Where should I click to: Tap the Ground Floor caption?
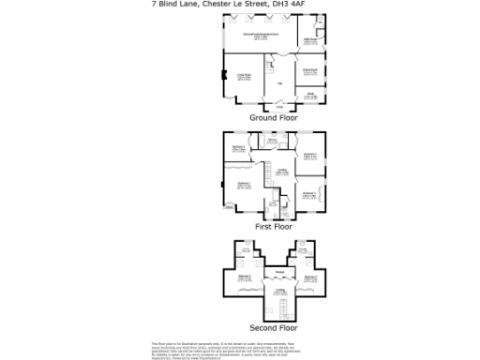[x=273, y=119]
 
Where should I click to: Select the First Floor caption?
[x=274, y=226]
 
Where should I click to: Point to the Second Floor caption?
[x=274, y=328]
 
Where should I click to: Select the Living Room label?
[x=243, y=77]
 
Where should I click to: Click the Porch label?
[x=278, y=108]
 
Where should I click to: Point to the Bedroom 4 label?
[x=239, y=148]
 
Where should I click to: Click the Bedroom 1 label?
[x=243, y=185]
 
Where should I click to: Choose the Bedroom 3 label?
[x=309, y=193]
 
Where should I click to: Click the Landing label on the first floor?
[x=281, y=172]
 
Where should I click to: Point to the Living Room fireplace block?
[x=223, y=76]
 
